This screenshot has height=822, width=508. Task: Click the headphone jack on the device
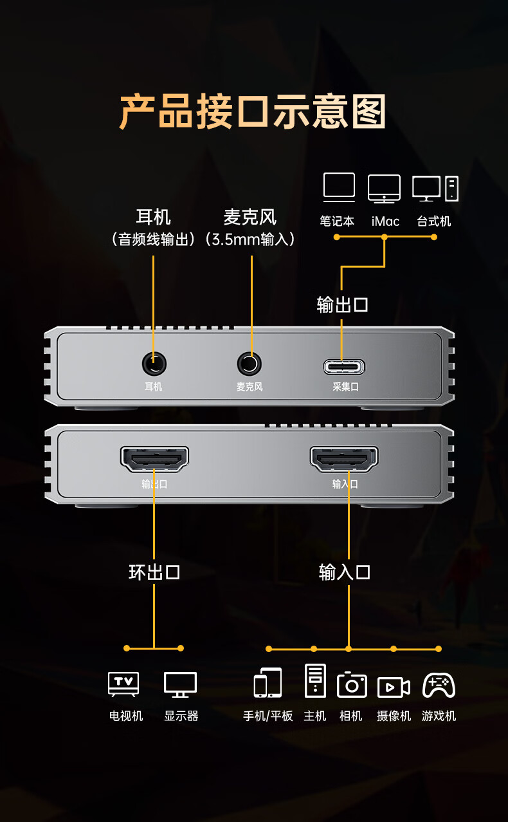pyautogui.click(x=154, y=364)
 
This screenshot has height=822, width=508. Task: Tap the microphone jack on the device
pyautogui.click(x=249, y=364)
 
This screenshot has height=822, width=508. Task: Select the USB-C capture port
pyautogui.click(x=344, y=367)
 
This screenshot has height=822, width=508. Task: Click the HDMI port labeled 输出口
pyautogui.click(x=154, y=459)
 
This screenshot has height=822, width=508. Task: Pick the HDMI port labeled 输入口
pyautogui.click(x=345, y=459)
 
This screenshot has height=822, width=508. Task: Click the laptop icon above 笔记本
pyautogui.click(x=339, y=187)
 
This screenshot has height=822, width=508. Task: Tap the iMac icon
pyautogui.click(x=384, y=188)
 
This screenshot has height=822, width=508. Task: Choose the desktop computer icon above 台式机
pyautogui.click(x=435, y=188)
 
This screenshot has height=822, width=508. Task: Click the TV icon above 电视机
pyautogui.click(x=123, y=684)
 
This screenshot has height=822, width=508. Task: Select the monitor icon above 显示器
pyautogui.click(x=180, y=685)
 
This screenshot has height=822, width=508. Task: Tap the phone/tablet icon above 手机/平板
pyautogui.click(x=268, y=683)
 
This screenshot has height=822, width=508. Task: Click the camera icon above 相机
pyautogui.click(x=352, y=684)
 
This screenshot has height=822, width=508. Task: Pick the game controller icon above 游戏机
pyautogui.click(x=439, y=685)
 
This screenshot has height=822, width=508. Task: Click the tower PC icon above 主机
pyautogui.click(x=315, y=681)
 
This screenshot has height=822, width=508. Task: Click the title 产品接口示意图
pyautogui.click(x=253, y=111)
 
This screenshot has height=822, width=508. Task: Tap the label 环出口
pyautogui.click(x=154, y=572)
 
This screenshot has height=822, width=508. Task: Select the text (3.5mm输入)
pyautogui.click(x=250, y=239)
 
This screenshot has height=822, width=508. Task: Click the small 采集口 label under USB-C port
pyautogui.click(x=345, y=387)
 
